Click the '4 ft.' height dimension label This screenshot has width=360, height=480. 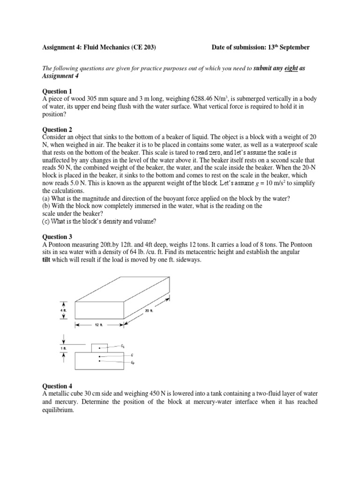click(63, 311)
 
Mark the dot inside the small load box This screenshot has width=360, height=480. click(99, 348)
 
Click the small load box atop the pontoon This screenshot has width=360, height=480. click(99, 348)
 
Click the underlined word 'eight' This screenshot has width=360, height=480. click(291, 68)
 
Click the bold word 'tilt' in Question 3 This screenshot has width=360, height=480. click(47, 260)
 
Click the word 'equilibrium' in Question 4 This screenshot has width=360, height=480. click(58, 410)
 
